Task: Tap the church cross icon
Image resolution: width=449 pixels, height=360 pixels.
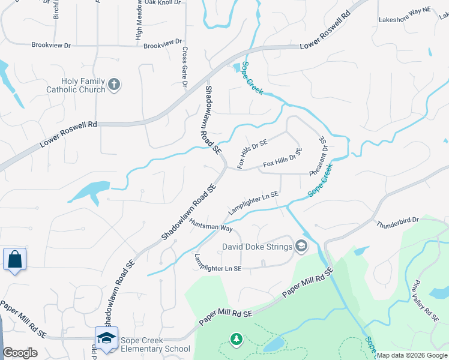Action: pyautogui.click(x=115, y=85)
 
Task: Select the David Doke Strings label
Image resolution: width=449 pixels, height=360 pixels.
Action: pyautogui.click(x=257, y=246)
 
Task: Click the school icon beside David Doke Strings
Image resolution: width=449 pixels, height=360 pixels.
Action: pyautogui.click(x=301, y=245)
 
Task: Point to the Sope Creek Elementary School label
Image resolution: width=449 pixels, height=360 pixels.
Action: pyautogui.click(x=155, y=344)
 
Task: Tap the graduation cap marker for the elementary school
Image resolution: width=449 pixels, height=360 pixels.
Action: pyautogui.click(x=106, y=337)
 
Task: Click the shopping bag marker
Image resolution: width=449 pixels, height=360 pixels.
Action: pyautogui.click(x=14, y=260)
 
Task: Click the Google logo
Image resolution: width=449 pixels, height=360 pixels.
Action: pyautogui.click(x=20, y=353)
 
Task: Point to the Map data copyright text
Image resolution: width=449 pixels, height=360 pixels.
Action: pyautogui.click(x=411, y=355)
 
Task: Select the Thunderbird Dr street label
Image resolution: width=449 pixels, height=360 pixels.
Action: pyautogui.click(x=397, y=223)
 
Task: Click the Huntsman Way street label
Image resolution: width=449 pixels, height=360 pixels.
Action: pyautogui.click(x=211, y=224)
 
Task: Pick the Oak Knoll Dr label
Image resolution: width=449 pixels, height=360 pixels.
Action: pyautogui.click(x=162, y=3)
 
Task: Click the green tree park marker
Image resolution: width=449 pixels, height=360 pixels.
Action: pyautogui.click(x=237, y=340)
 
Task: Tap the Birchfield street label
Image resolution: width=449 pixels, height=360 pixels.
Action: pyautogui.click(x=56, y=9)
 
